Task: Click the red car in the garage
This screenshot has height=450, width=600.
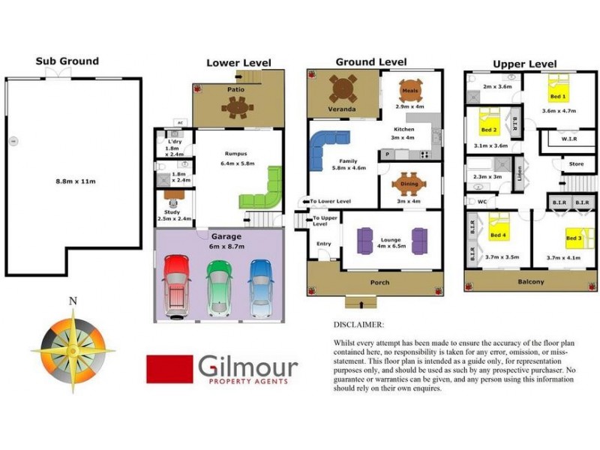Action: point(177,284)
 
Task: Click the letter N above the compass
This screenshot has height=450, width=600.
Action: point(73,301)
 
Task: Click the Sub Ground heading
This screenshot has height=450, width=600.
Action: point(67,61)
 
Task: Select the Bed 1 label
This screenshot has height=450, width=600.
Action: point(559,97)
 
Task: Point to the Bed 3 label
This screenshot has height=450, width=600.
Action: point(574,238)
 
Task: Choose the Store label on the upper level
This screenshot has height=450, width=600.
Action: point(576,163)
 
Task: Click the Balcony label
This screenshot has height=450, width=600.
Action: point(531,282)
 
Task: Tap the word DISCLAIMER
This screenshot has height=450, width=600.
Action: point(358,325)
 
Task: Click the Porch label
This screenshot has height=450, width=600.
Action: point(380,282)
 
